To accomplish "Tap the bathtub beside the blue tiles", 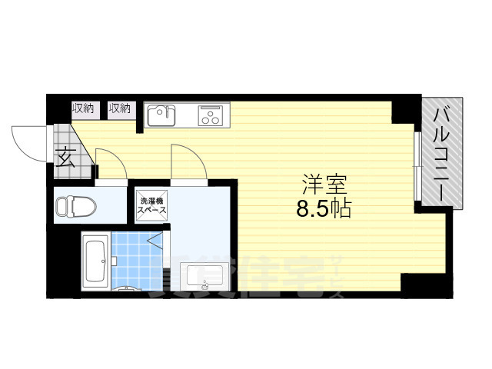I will tap(95, 262).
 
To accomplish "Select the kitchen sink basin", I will tap(161, 115).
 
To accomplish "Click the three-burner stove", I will tap(209, 116).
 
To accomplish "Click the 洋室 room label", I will tap(324, 184).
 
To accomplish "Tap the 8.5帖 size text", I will tap(324, 208).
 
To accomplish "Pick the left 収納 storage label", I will tap(83, 108).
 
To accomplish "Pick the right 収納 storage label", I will tap(120, 108).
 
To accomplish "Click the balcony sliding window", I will tap(416, 165).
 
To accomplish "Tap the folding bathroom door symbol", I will tap(157, 241).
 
